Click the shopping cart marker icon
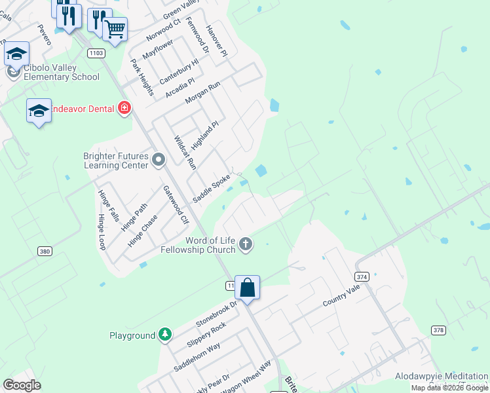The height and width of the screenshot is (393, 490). pyautogui.click(x=115, y=29)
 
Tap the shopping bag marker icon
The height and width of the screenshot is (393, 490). pyautogui.click(x=248, y=288)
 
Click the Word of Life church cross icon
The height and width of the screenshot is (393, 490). pyautogui.click(x=246, y=244)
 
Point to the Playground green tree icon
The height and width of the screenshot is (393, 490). pyautogui.click(x=166, y=335)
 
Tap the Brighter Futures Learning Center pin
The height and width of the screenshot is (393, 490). pyautogui.click(x=158, y=159)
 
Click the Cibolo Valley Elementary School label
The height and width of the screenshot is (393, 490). pyautogui.click(x=61, y=72)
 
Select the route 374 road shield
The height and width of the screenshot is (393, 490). pyautogui.click(x=363, y=277)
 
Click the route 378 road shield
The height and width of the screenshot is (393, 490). pyautogui.click(x=438, y=329)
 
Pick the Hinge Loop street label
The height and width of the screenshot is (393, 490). pyautogui.click(x=102, y=232)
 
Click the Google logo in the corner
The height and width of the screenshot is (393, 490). pyautogui.click(x=22, y=385)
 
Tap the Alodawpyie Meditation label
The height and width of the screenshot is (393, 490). pyautogui.click(x=441, y=377)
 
